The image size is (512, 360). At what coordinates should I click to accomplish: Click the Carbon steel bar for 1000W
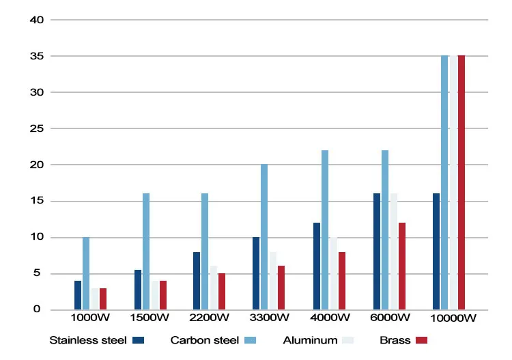[x=86, y=273]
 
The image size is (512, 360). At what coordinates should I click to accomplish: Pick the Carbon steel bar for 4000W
[x=325, y=230]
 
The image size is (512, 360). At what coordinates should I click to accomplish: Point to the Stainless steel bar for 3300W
[x=256, y=273]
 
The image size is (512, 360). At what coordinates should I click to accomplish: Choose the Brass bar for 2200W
[x=222, y=292]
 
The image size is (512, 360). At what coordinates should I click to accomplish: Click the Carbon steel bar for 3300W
[x=264, y=237]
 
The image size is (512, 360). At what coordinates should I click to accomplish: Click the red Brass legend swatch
[x=421, y=340]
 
